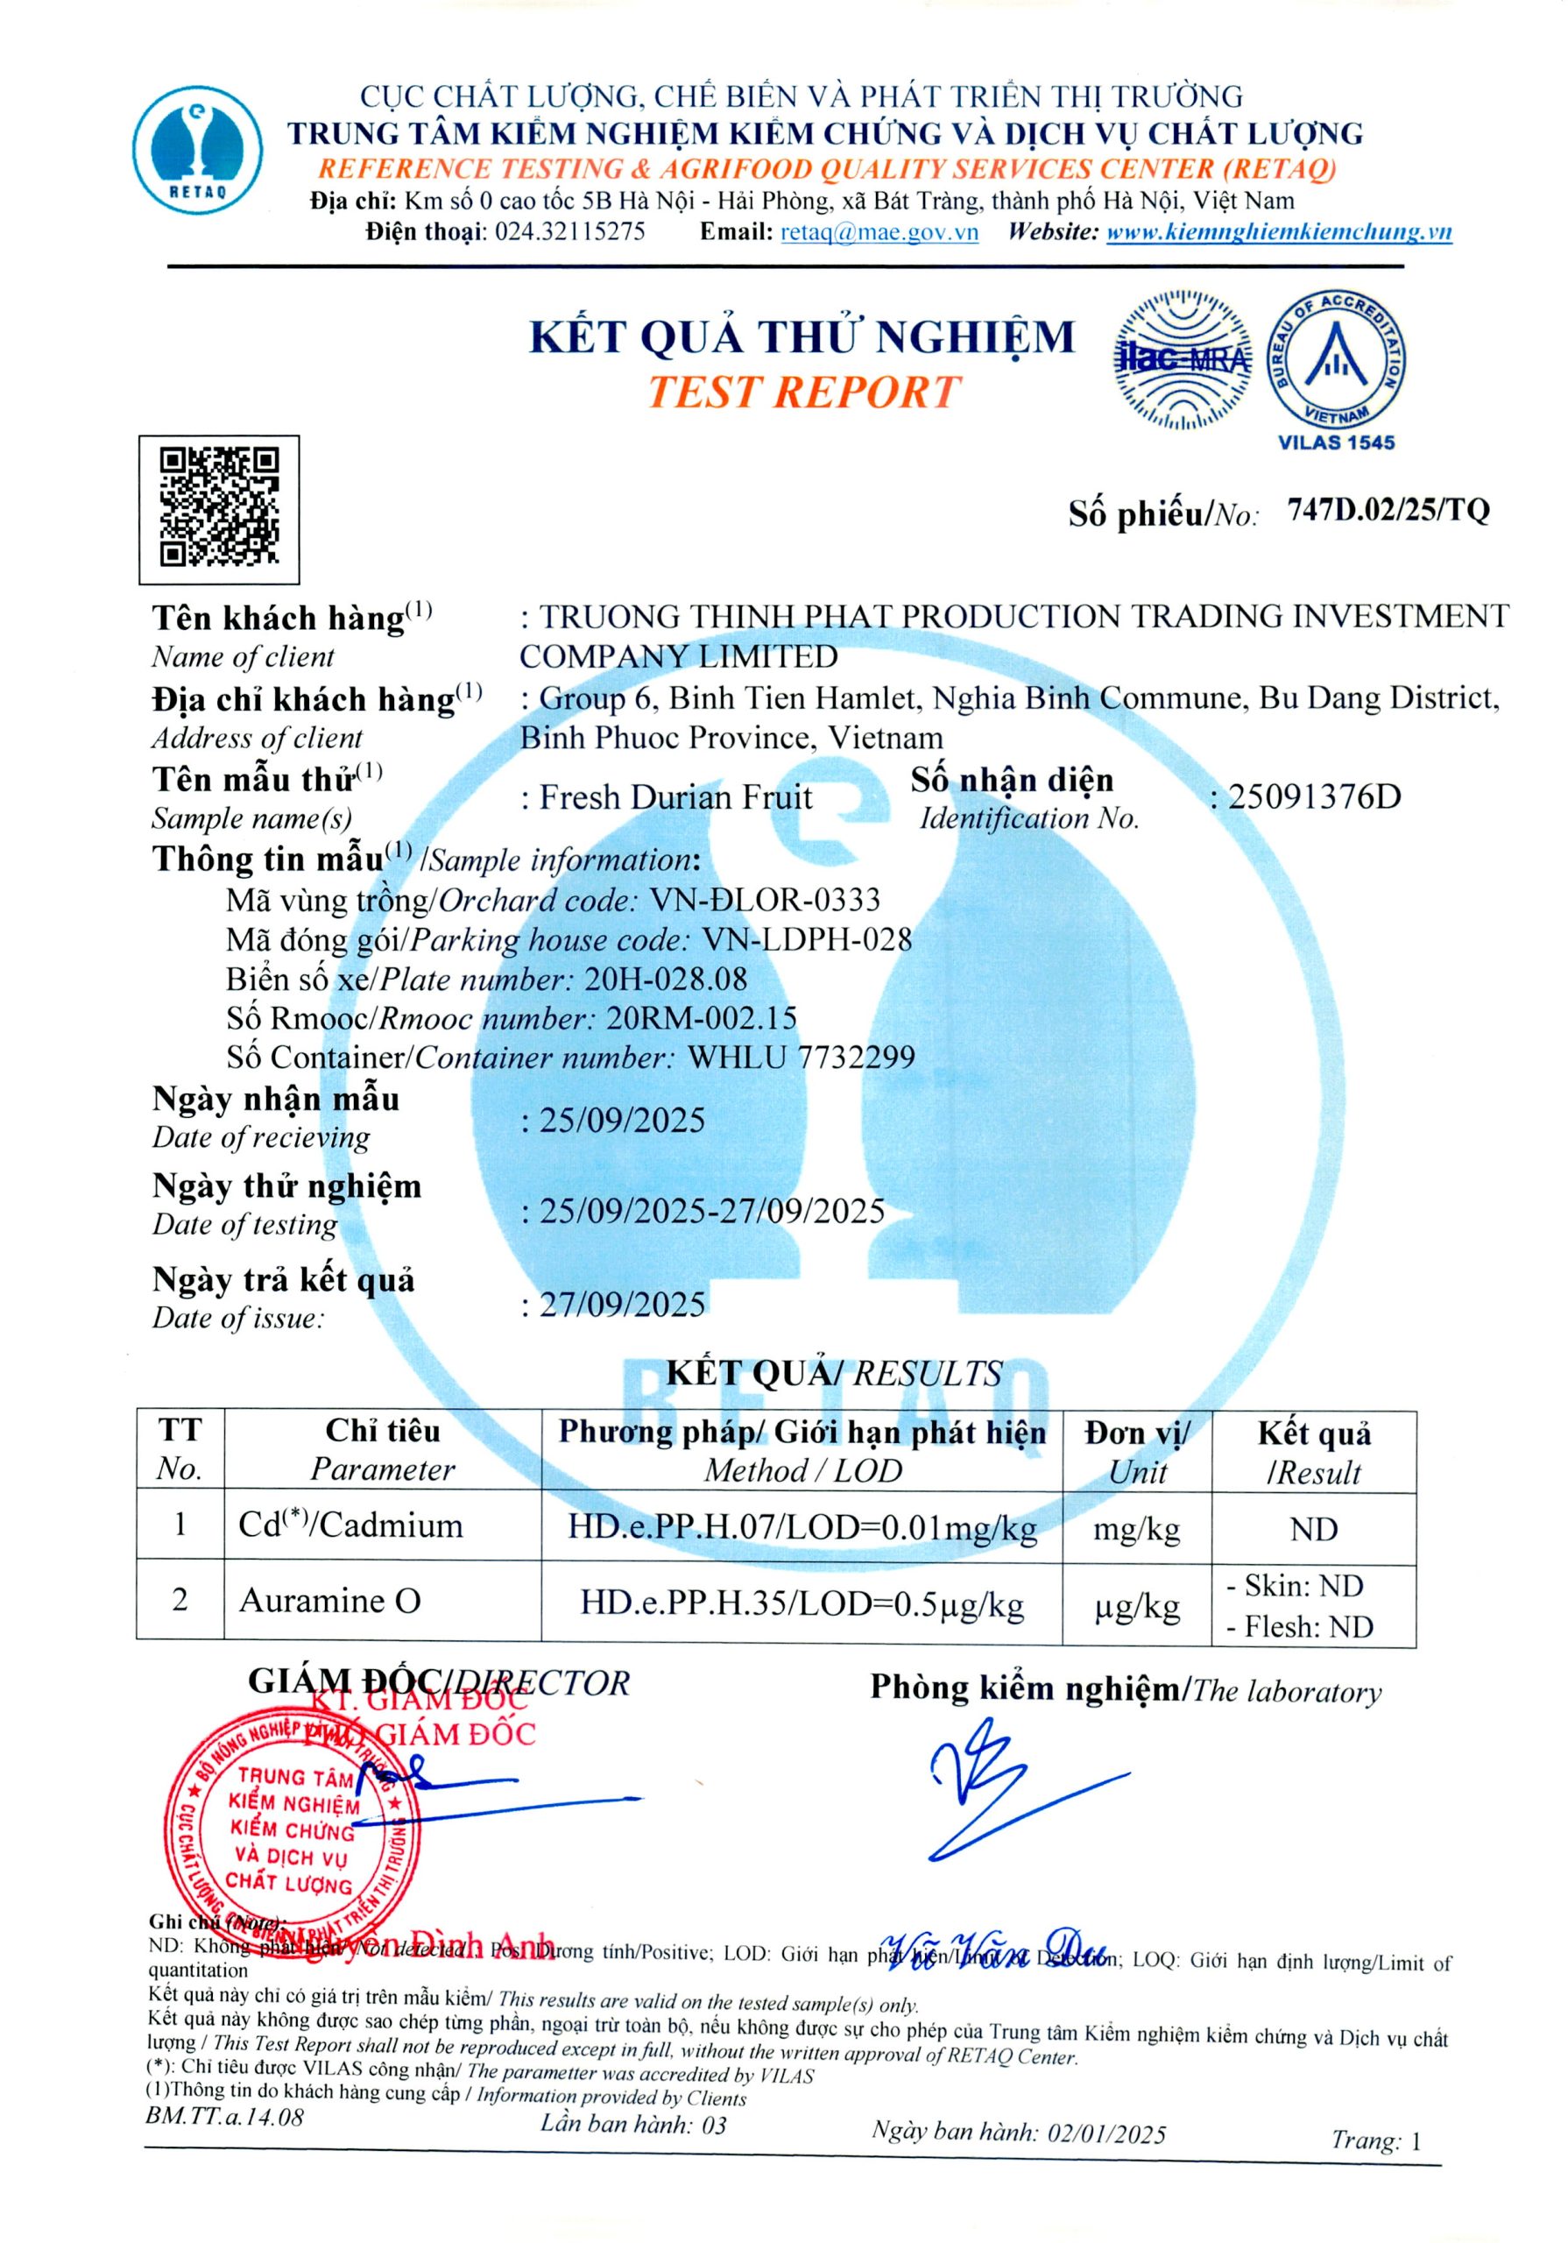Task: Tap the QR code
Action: tap(219, 507)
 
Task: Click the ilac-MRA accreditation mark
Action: tap(1182, 359)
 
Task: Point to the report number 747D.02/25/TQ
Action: tap(1388, 510)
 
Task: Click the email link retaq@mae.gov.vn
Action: tap(879, 232)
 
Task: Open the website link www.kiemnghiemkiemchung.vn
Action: tap(1278, 232)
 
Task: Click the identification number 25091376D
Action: tap(1314, 797)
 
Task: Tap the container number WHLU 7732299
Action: tap(802, 1057)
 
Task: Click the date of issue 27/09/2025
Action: tap(622, 1305)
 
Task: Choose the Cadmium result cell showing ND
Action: tap(1313, 1529)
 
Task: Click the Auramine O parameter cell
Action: tap(330, 1601)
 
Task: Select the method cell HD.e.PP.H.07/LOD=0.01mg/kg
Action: tap(802, 1528)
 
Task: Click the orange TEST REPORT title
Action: tap(804, 393)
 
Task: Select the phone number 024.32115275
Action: tap(569, 232)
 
